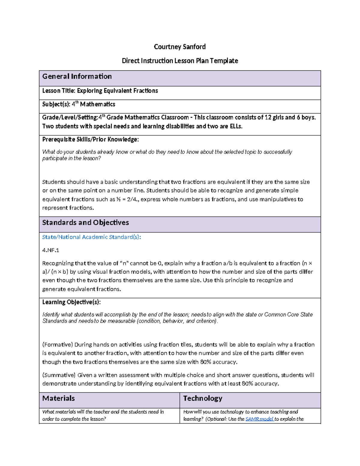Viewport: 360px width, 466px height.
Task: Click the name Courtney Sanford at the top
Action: tap(180, 47)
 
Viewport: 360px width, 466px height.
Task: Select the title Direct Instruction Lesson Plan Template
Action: tap(180, 61)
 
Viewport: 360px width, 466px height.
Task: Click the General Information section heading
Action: tap(77, 77)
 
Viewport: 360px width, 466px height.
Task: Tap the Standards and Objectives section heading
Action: tap(85, 223)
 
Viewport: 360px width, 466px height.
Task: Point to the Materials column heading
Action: tap(58, 398)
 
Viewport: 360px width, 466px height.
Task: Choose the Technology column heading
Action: tap(203, 398)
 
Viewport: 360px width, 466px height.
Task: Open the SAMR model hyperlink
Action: tap(259, 419)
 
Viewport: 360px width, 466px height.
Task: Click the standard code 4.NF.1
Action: tap(51, 250)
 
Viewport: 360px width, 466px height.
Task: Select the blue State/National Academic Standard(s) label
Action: tap(91, 237)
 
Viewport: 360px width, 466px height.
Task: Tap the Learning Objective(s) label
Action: tap(71, 302)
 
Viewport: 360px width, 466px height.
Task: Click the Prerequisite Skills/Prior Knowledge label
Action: tap(90, 140)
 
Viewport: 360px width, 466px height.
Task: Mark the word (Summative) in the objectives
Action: tap(59, 375)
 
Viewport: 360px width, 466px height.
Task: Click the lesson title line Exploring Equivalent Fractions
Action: tap(100, 91)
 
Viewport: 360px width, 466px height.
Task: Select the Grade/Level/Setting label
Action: tap(70, 118)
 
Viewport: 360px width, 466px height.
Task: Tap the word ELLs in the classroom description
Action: tap(235, 126)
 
